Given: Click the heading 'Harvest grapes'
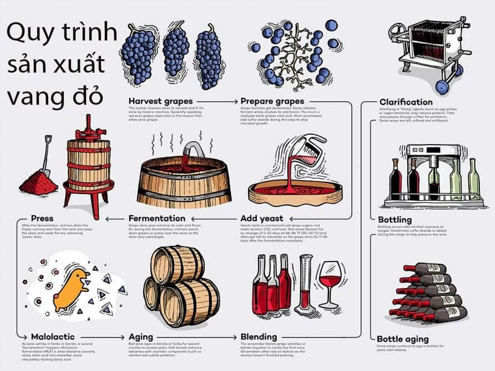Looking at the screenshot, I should [160, 101].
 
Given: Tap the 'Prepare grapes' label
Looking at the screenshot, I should [272, 101].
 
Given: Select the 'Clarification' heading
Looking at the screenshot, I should [406, 101].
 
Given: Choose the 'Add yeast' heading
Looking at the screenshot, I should [262, 218].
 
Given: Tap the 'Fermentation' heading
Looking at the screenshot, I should [157, 218].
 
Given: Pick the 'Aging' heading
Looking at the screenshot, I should [141, 337].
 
